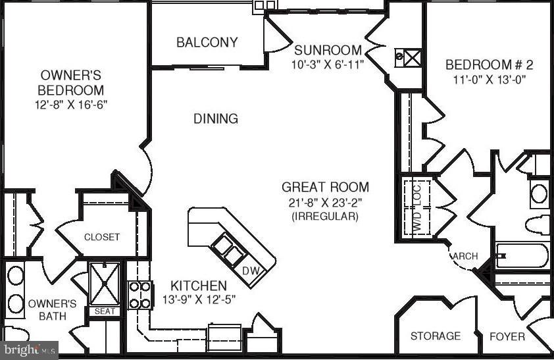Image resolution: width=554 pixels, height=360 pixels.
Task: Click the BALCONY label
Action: (x=207, y=42)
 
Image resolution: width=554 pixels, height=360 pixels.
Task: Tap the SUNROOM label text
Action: (x=328, y=50)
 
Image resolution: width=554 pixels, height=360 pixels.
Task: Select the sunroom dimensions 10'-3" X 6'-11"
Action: (x=328, y=64)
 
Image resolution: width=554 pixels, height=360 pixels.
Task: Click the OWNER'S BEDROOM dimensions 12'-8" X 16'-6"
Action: (x=71, y=104)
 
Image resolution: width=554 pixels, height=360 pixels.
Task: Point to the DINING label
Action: (x=215, y=119)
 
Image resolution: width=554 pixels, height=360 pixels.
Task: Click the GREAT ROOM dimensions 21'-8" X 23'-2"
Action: (x=325, y=202)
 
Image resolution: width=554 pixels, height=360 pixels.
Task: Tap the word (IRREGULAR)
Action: (x=325, y=216)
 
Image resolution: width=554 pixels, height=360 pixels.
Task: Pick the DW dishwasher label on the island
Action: (x=251, y=270)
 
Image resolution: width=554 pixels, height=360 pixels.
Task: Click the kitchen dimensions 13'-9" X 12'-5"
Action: (x=199, y=299)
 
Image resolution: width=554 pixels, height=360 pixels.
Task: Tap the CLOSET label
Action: (x=102, y=237)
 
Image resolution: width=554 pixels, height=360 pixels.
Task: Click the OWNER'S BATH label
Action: (x=52, y=311)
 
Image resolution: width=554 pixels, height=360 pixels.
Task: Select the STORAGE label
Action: (x=435, y=336)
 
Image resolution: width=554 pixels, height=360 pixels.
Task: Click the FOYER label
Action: (x=507, y=336)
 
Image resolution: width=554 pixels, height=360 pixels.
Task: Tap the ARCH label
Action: (x=466, y=256)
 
